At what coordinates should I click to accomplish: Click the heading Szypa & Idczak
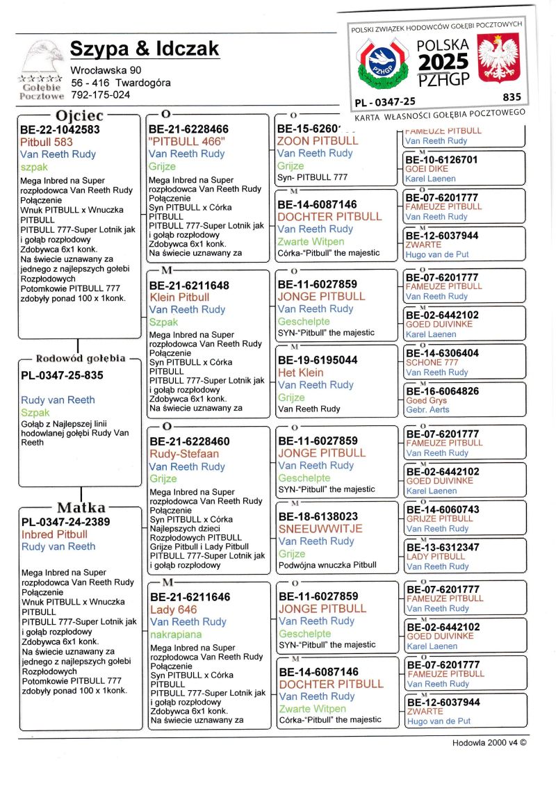click(145, 49)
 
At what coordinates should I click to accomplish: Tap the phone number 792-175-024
click(100, 95)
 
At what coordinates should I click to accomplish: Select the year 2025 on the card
click(443, 62)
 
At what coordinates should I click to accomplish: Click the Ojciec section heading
click(79, 115)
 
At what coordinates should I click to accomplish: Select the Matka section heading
click(81, 507)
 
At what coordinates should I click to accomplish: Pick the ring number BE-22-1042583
click(60, 129)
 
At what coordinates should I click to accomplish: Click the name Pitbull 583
click(46, 142)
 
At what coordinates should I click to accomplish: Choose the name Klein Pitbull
click(179, 297)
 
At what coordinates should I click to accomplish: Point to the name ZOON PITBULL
click(318, 140)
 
